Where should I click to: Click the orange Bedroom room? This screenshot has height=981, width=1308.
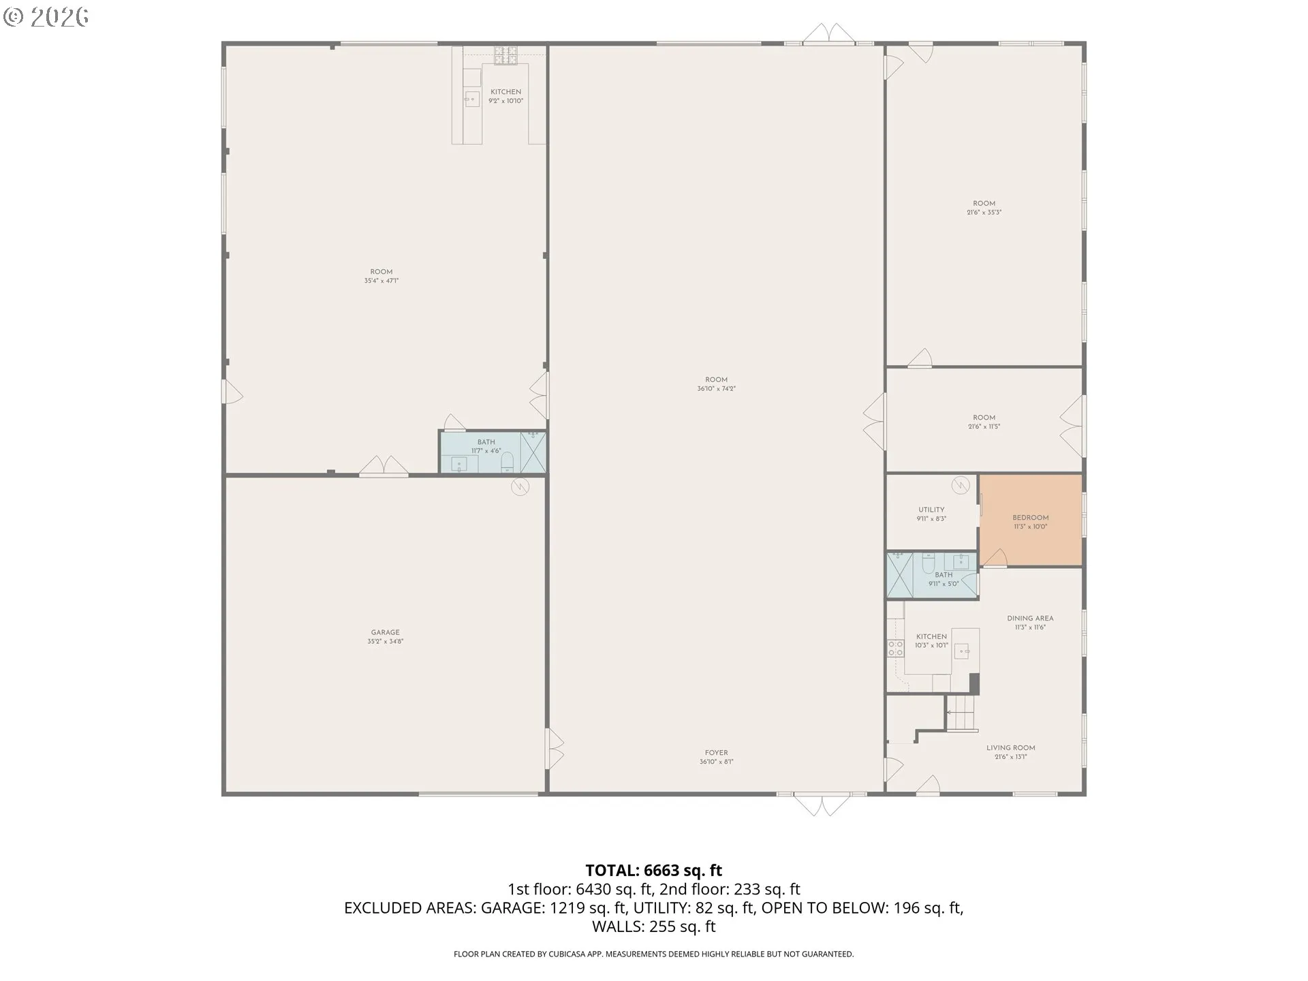tap(1030, 521)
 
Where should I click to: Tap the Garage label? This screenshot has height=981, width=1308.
tap(385, 632)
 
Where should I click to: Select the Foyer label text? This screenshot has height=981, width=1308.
tap(716, 753)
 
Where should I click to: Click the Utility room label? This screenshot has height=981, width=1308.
tap(931, 510)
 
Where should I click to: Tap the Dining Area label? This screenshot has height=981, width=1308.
tap(1030, 619)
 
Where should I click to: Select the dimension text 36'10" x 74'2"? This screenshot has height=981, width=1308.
tap(716, 389)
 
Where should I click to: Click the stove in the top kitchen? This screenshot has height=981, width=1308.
tap(505, 54)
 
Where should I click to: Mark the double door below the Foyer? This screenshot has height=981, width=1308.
tap(822, 805)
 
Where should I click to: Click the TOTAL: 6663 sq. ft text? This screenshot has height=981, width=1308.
tap(653, 870)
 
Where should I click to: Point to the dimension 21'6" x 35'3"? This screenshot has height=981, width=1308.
tap(984, 213)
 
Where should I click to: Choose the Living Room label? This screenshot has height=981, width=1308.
tap(1010, 748)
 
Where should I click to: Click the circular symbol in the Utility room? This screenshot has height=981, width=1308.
tap(961, 484)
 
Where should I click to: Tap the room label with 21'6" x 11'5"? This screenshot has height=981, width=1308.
tap(984, 418)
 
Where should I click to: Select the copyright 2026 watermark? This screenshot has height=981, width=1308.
tap(46, 17)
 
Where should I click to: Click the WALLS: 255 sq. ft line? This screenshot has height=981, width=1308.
tap(653, 926)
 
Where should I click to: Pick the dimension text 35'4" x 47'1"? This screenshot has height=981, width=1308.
tap(381, 281)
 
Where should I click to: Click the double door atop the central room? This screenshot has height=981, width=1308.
tap(827, 34)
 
